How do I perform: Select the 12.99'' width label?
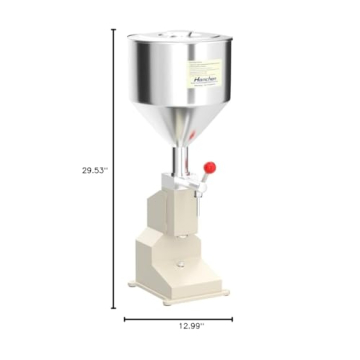[176, 335]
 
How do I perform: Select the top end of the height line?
[113, 29]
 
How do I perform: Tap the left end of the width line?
[124, 320]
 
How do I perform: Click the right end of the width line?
[232, 320]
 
